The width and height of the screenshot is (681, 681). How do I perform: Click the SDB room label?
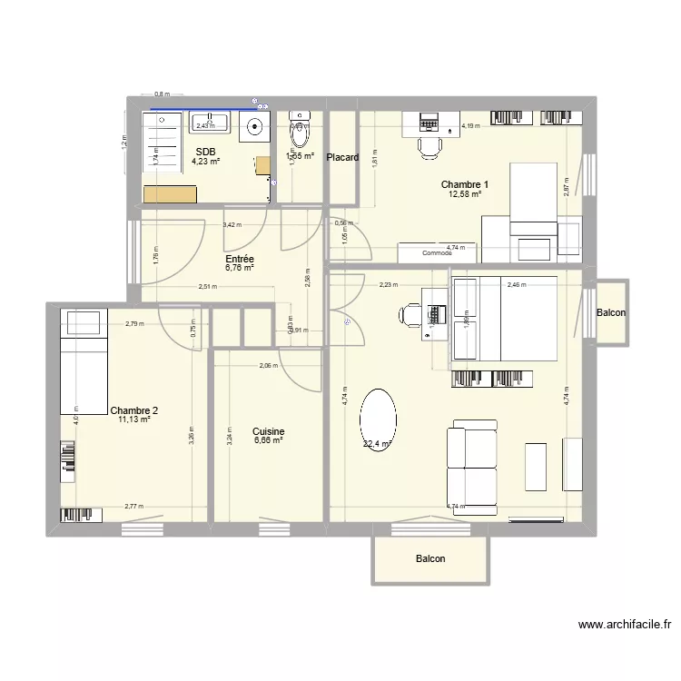pyautogui.click(x=205, y=152)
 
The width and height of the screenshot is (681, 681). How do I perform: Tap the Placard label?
pyautogui.click(x=343, y=157)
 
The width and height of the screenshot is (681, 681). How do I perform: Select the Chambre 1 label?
pyautogui.click(x=465, y=184)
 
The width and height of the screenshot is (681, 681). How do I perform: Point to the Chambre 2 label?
pyautogui.click(x=134, y=410)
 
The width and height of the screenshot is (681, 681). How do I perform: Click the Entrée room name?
pyautogui.click(x=240, y=259)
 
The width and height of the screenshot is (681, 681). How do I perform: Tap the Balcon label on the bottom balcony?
pyautogui.click(x=430, y=559)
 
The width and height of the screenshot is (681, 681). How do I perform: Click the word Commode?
pyautogui.click(x=437, y=253)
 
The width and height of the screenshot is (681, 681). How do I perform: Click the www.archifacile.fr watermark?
pyautogui.click(x=623, y=625)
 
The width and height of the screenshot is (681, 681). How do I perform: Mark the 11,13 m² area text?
pyautogui.click(x=133, y=419)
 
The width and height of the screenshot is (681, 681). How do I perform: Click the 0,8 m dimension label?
pyautogui.click(x=162, y=94)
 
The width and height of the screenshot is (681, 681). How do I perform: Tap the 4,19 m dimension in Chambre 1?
pyautogui.click(x=469, y=126)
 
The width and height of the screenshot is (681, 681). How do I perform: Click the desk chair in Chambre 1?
pyautogui.click(x=428, y=144)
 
